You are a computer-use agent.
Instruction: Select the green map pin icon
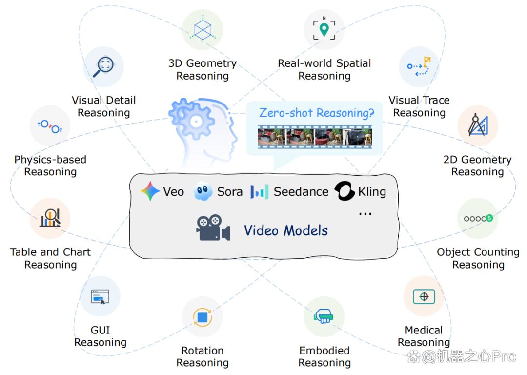(324, 30)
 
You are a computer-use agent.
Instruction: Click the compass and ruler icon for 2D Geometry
(478, 125)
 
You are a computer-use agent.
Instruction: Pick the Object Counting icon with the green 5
(478, 219)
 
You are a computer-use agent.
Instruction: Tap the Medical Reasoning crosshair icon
(424, 297)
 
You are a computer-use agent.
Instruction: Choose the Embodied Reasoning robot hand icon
(324, 316)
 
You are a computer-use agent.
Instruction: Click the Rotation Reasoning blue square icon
(203, 317)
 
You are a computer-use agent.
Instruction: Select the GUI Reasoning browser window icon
(100, 297)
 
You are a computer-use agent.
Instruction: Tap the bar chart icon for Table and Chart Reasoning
(50, 218)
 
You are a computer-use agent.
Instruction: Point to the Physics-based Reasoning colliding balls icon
(50, 126)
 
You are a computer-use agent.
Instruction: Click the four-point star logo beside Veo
(150, 191)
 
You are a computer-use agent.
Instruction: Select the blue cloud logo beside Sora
(203, 191)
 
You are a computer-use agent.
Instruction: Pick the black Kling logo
(345, 191)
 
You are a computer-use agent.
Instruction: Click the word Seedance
(301, 192)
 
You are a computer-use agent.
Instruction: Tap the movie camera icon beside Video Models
(213, 228)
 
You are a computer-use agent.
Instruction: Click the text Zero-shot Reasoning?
(317, 113)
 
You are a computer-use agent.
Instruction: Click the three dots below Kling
(365, 213)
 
